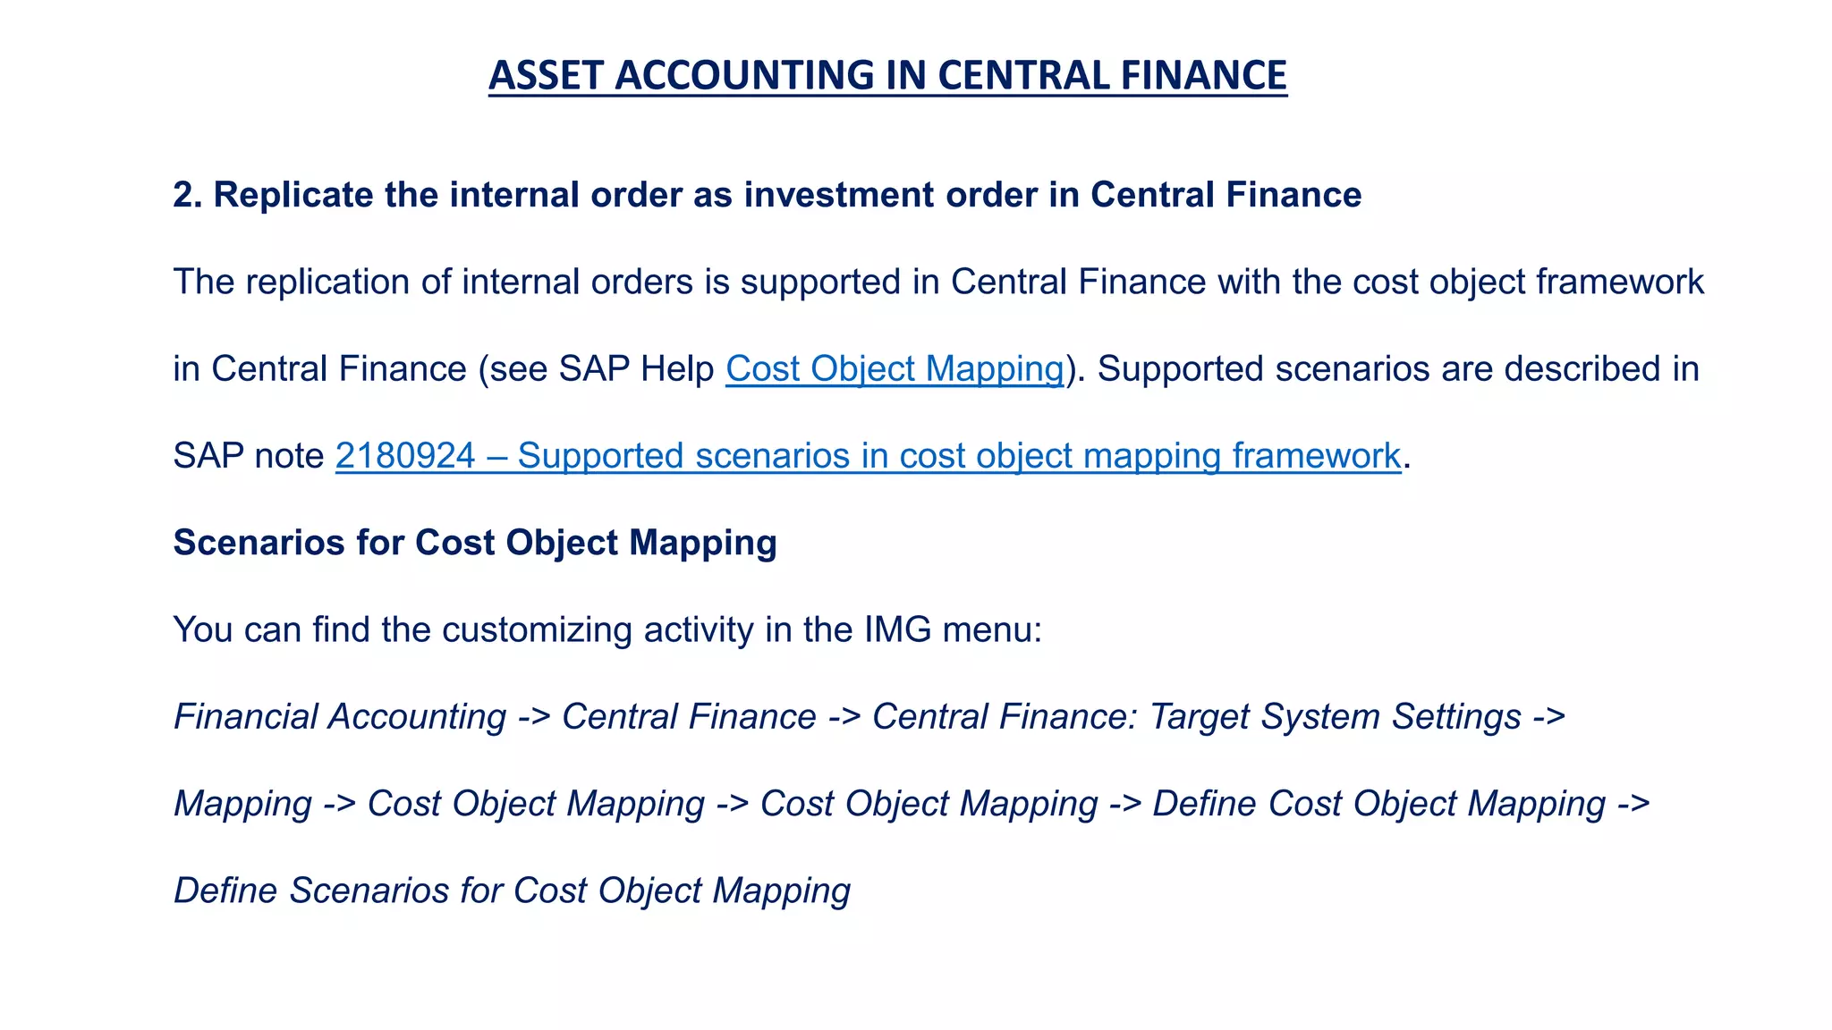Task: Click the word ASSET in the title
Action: click(x=546, y=75)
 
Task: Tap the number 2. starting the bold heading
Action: click(x=188, y=195)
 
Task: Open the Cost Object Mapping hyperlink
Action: click(x=895, y=369)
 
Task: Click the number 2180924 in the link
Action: click(x=405, y=456)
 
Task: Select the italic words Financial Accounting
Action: click(x=340, y=717)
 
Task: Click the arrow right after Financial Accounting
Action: click(x=534, y=717)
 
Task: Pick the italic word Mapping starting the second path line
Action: click(x=242, y=804)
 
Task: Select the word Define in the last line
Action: click(x=225, y=891)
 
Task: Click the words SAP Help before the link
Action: click(x=636, y=369)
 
